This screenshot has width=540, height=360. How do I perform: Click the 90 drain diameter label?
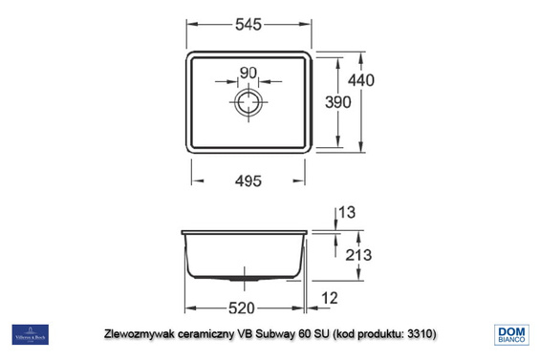click(x=248, y=74)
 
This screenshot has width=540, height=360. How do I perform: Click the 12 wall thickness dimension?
click(x=330, y=300)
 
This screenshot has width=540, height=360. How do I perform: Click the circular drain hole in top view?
click(x=248, y=102)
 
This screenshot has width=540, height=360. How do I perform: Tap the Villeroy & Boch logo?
click(x=30, y=334)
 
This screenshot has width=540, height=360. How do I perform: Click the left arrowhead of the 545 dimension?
click(x=188, y=28)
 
